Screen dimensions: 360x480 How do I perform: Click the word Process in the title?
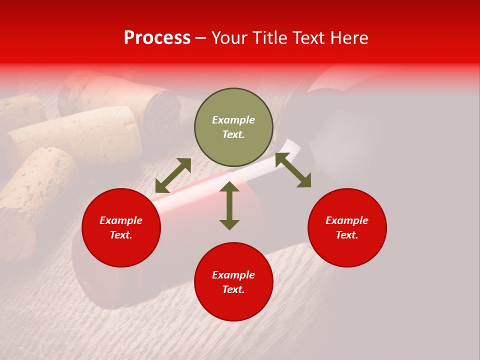click(157, 38)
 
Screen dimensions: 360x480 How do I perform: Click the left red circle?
click(121, 227)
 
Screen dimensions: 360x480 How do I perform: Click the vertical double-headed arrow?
click(229, 205)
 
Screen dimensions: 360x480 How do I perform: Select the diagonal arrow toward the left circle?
click(173, 175)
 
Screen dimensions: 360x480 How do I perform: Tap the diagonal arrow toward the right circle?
click(293, 170)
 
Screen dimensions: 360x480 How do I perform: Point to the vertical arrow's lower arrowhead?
click(229, 224)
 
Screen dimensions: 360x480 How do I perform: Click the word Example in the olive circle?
click(233, 120)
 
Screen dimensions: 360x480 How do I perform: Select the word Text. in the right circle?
click(347, 235)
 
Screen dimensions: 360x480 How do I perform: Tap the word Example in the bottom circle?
click(233, 274)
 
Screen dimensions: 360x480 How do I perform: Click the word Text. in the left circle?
click(121, 235)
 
